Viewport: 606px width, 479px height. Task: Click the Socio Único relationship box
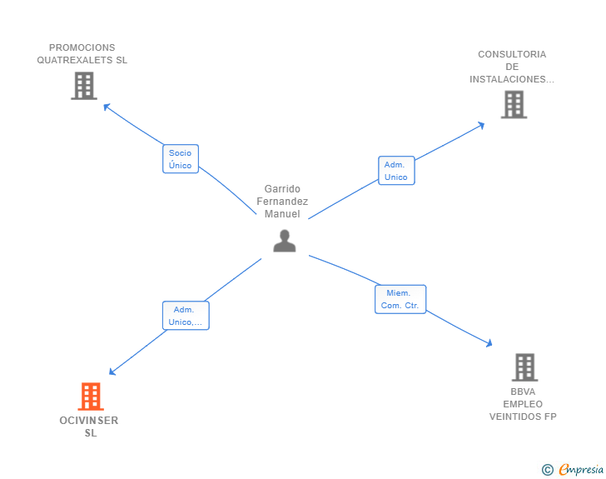pyautogui.click(x=181, y=158)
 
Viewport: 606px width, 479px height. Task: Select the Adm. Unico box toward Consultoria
pyautogui.click(x=396, y=170)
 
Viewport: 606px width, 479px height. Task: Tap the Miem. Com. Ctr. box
pyautogui.click(x=400, y=299)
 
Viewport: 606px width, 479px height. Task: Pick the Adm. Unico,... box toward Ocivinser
pyautogui.click(x=186, y=316)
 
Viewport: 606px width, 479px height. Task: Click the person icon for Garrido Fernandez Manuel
pyautogui.click(x=285, y=241)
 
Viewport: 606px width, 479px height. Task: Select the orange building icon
pyautogui.click(x=91, y=397)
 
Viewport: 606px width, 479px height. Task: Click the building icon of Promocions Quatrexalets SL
pyautogui.click(x=84, y=86)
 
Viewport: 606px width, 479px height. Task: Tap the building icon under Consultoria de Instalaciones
pyautogui.click(x=514, y=104)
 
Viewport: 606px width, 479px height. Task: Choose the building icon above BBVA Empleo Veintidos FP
pyautogui.click(x=524, y=367)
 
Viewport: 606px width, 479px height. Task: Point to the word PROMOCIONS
pyautogui.click(x=82, y=47)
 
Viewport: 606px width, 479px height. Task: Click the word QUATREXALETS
pyautogui.click(x=75, y=60)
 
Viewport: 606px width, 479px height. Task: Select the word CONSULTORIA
pyautogui.click(x=512, y=54)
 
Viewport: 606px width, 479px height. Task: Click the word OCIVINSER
pyautogui.click(x=89, y=421)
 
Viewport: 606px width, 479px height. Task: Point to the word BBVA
pyautogui.click(x=523, y=392)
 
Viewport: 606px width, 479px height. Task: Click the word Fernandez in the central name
pyautogui.click(x=282, y=202)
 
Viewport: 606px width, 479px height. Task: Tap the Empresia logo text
pyautogui.click(x=581, y=469)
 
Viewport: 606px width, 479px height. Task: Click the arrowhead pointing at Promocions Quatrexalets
pyautogui.click(x=107, y=107)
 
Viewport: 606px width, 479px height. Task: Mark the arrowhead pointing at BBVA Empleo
pyautogui.click(x=489, y=343)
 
